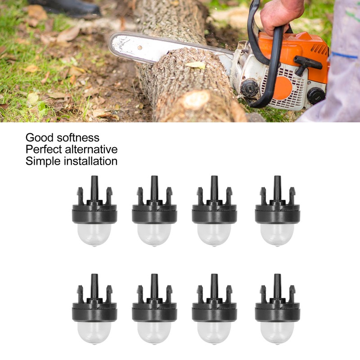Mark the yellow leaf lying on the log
(x=196, y=65)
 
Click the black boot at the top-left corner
(x=67, y=6)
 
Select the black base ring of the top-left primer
(x=94, y=215)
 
